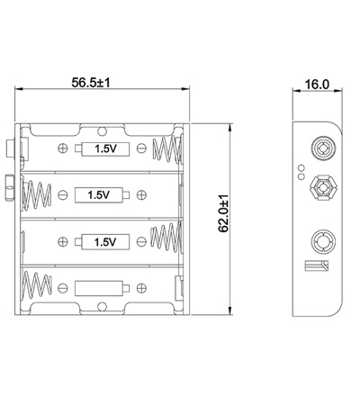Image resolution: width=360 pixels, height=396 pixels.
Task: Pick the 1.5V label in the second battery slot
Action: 100,193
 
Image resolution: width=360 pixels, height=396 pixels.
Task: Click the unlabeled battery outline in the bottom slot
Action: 100,288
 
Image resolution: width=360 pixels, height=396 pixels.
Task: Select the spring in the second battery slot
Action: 37,193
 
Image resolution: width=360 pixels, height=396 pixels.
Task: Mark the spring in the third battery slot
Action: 168,240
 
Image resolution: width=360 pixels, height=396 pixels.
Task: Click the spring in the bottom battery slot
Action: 37,288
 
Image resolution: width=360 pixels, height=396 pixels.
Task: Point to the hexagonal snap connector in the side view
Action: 321,189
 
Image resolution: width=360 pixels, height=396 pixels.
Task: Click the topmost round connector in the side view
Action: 321,146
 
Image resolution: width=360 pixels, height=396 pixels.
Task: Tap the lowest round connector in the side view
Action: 321,241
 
